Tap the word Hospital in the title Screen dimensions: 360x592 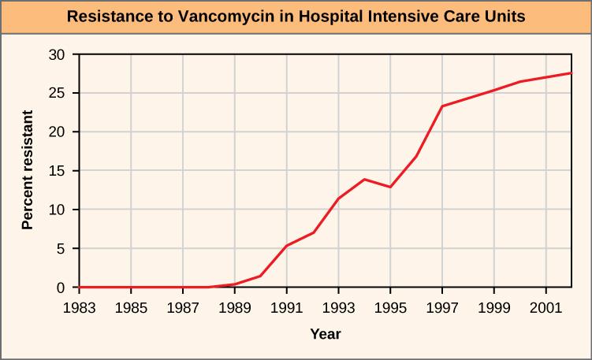pos(309,16)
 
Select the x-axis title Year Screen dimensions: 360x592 pos(325,334)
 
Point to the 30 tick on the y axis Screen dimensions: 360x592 pos(58,54)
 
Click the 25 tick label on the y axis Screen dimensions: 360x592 pos(58,93)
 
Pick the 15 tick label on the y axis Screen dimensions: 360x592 pos(58,171)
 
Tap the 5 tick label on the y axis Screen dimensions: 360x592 pos(61,249)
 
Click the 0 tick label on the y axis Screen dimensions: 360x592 pos(61,288)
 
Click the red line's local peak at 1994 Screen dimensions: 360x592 pos(364,180)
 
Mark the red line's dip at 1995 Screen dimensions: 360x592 pos(390,187)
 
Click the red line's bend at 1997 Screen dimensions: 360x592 pos(442,106)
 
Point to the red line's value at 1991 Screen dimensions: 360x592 pos(286,246)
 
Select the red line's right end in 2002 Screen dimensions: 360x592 pos(571,73)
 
